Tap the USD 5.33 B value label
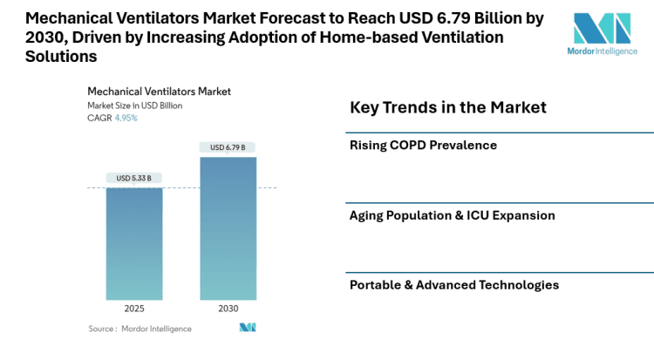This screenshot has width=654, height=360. [133, 178]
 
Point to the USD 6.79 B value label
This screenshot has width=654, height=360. [228, 146]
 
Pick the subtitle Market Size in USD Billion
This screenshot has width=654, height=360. [133, 105]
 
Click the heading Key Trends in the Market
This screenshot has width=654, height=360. [447, 107]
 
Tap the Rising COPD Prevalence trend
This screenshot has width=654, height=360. [423, 145]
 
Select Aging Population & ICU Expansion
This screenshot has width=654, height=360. [452, 215]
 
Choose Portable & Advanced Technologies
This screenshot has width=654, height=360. [453, 285]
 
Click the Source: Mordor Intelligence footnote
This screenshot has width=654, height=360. [140, 329]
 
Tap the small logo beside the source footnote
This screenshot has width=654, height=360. [247, 328]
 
